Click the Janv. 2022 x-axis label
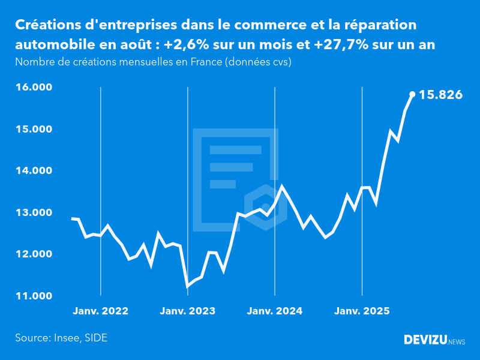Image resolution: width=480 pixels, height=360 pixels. [101, 311]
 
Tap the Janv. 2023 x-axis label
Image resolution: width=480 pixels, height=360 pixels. [188, 311]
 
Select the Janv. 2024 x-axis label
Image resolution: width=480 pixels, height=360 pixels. [275, 311]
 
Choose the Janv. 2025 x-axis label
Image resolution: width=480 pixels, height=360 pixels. [362, 311]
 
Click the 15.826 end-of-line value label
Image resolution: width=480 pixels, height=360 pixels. [440, 94]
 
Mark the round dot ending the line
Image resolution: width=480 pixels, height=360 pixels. [412, 94]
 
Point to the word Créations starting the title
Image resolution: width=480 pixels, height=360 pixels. [47, 25]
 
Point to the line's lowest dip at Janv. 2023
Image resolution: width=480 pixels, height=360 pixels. [188, 286]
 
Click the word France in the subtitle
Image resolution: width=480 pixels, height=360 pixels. [202, 62]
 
